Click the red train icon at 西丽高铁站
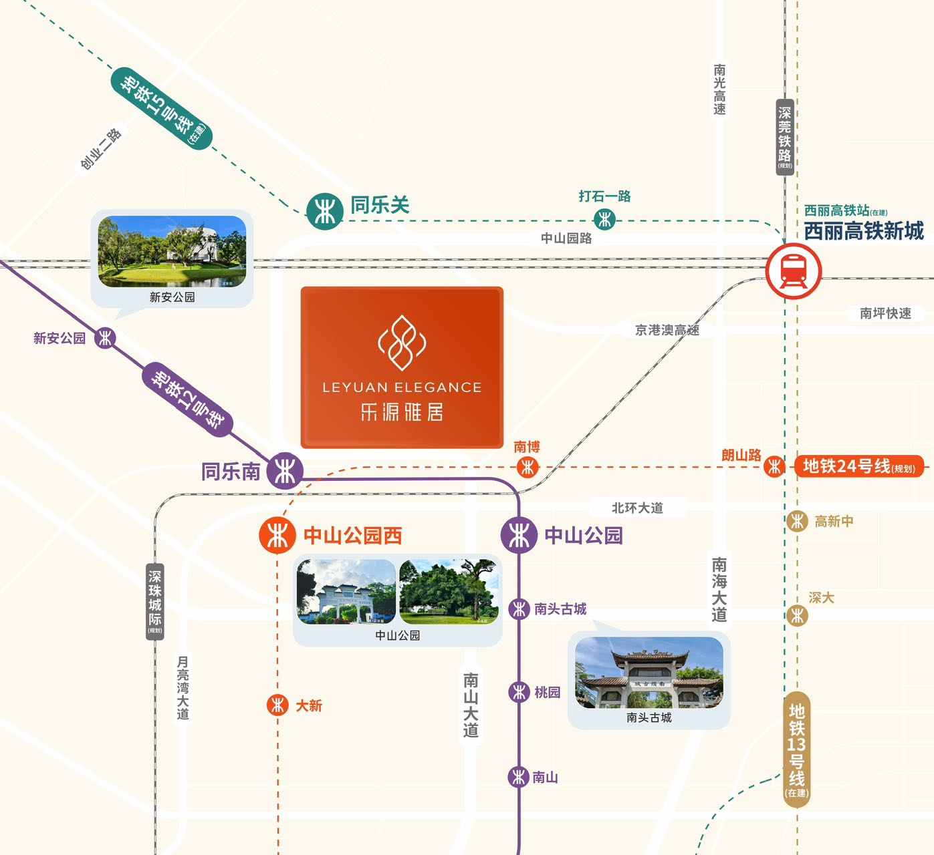793,271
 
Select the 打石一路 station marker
604,218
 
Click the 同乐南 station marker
285,471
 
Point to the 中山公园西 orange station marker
277,535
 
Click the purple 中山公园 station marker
519,535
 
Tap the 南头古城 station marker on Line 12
519,609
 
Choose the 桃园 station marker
519,692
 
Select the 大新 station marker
277,705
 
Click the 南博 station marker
527,467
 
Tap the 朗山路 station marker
774,466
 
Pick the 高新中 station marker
797,521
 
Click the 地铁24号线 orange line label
858,466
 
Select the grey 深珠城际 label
155,601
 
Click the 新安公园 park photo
172,251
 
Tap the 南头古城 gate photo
649,672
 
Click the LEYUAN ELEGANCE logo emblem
402,343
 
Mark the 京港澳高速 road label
667,330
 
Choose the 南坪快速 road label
885,313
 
